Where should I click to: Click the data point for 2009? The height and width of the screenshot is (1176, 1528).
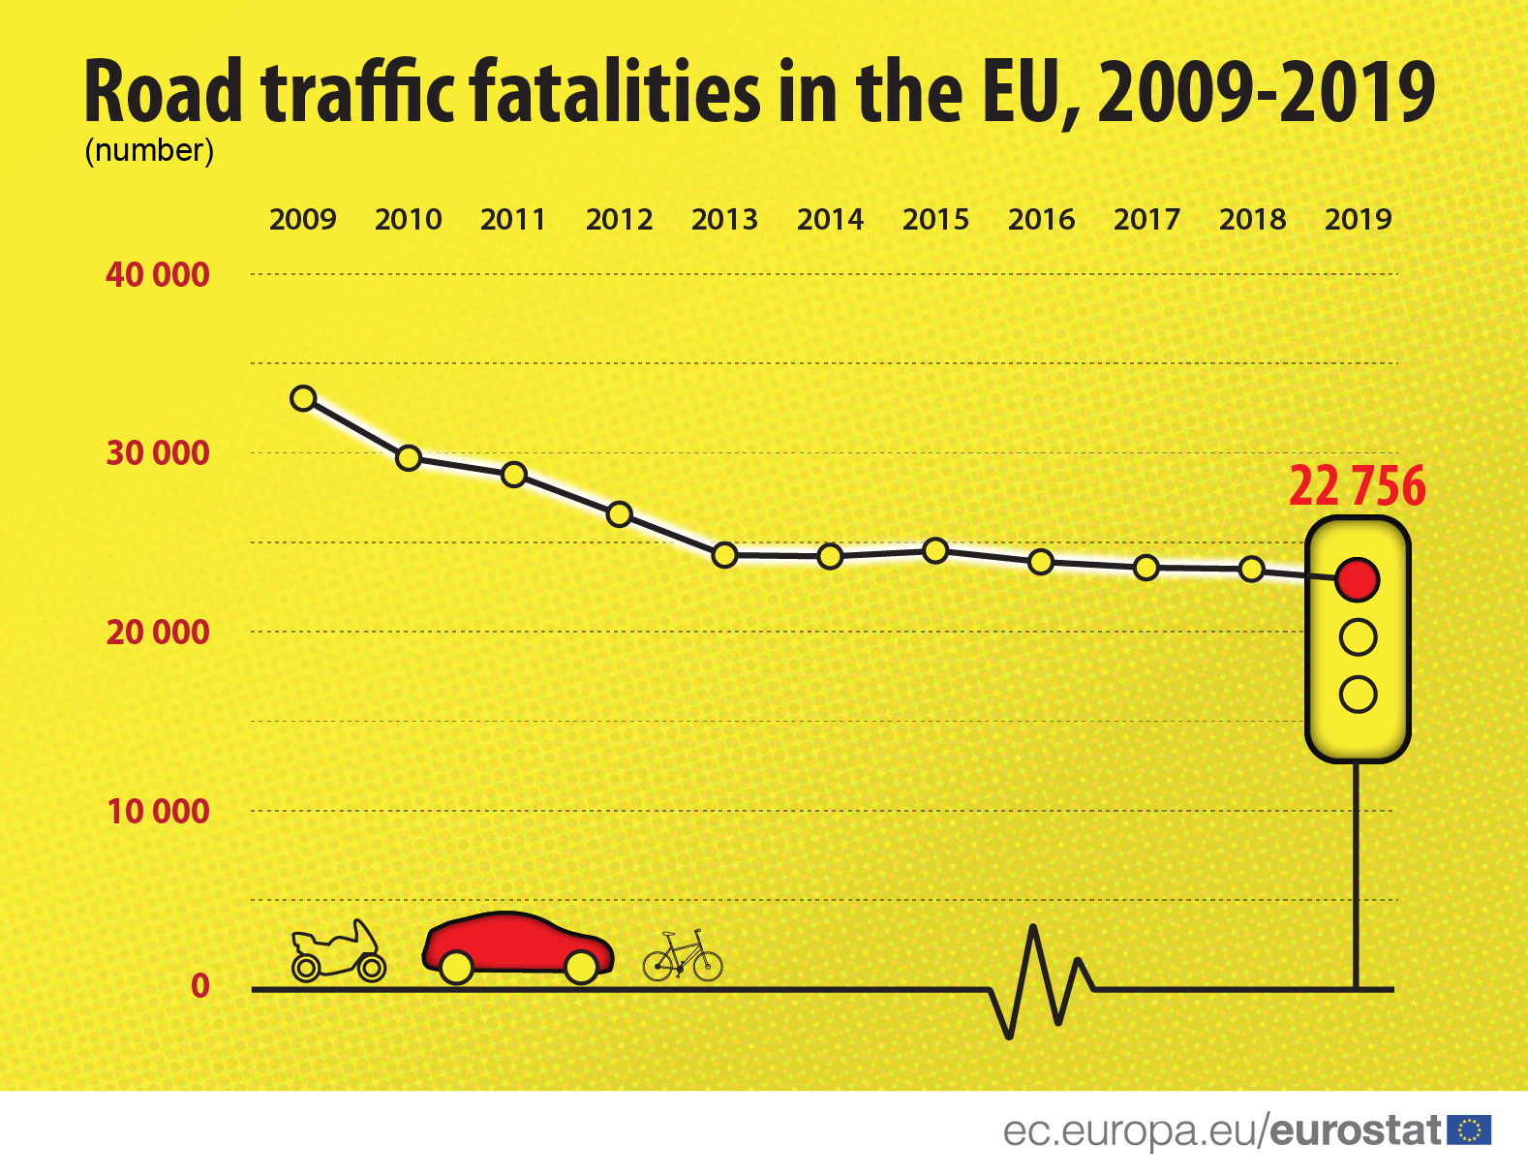click(x=303, y=398)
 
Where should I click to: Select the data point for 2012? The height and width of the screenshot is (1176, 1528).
click(x=620, y=514)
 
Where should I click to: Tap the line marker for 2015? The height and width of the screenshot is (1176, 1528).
click(x=935, y=550)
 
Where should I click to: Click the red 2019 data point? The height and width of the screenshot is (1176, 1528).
click(x=1358, y=579)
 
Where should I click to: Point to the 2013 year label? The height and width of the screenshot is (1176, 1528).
click(x=724, y=220)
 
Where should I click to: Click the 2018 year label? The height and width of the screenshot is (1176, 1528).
click(x=1252, y=220)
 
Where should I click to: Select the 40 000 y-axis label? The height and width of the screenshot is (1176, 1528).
click(x=158, y=275)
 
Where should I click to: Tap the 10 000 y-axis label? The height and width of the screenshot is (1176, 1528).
click(x=158, y=811)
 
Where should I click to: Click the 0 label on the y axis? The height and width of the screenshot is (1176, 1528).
click(x=200, y=985)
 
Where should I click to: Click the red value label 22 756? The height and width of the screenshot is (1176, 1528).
click(x=1357, y=486)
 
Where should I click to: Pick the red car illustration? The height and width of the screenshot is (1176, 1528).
click(x=518, y=944)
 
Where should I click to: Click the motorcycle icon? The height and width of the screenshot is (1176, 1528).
click(x=338, y=952)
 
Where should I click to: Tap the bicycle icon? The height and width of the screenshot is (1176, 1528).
click(x=683, y=956)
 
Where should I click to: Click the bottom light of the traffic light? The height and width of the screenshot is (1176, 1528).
click(x=1358, y=694)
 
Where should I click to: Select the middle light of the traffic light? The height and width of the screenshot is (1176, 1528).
click(x=1358, y=636)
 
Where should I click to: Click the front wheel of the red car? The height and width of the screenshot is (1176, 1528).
click(x=581, y=966)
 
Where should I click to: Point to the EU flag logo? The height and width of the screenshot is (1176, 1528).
click(x=1469, y=1130)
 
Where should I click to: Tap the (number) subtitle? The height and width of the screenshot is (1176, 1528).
click(x=149, y=151)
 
